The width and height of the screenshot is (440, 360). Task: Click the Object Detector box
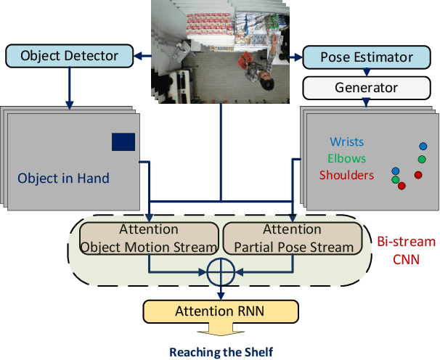click(71, 55)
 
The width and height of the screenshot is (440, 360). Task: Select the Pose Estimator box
click(367, 57)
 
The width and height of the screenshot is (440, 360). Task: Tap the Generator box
click(367, 88)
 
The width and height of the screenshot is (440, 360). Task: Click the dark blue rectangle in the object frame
click(123, 142)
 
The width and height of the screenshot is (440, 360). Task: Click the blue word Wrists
click(347, 142)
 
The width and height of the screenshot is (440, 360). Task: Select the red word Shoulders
click(347, 175)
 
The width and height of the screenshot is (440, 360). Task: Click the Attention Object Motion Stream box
click(148, 238)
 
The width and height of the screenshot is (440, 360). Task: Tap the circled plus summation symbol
click(221, 273)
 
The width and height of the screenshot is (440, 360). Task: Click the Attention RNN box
click(221, 312)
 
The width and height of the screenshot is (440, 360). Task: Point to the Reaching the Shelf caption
click(221, 352)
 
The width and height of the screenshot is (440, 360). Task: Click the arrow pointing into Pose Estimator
click(295, 56)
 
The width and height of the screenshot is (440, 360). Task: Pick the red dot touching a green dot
click(402, 186)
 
